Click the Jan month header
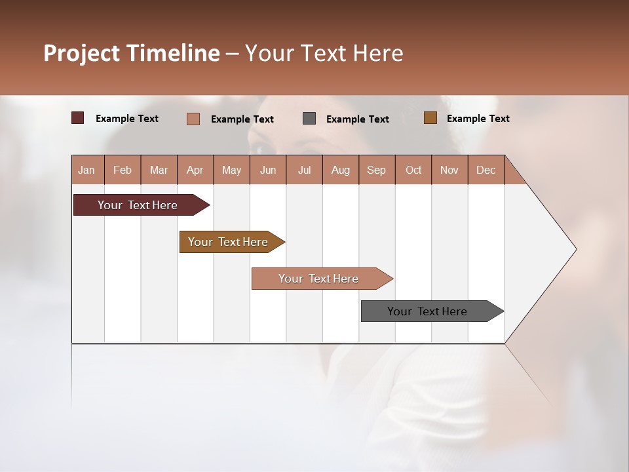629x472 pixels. [86, 170]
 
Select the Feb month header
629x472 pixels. [123, 170]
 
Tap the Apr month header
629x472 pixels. [195, 170]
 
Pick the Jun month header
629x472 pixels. [268, 170]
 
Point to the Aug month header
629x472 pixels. [341, 170]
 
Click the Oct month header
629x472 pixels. [413, 170]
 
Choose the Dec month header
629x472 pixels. [486, 170]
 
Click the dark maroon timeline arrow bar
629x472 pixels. [138, 205]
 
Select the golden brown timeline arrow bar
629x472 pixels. [228, 242]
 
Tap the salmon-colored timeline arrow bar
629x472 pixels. [318, 279]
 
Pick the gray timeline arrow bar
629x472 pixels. [427, 311]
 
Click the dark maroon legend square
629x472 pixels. [78, 118]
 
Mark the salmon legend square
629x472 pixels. [193, 119]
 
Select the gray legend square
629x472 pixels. [309, 119]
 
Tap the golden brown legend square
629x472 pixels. [430, 118]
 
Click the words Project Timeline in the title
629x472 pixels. [131, 53]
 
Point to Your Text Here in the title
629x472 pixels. [324, 53]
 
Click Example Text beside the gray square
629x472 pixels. [358, 119]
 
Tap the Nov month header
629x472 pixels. [449, 170]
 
